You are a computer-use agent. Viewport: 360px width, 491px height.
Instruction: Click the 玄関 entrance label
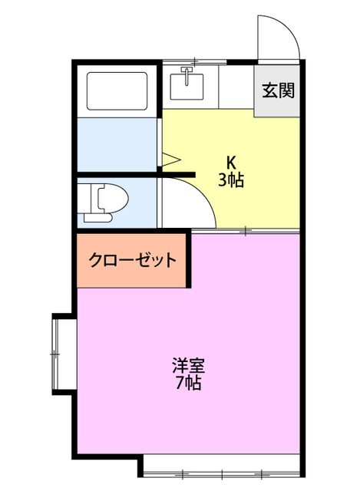(277, 91)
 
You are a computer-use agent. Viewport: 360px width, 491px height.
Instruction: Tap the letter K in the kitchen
(230, 163)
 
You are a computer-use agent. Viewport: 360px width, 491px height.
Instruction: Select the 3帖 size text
(230, 181)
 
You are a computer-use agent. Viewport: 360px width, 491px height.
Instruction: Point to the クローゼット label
(133, 261)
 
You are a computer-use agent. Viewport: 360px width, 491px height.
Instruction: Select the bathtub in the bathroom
(117, 91)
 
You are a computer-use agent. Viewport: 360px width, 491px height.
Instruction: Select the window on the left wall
(57, 354)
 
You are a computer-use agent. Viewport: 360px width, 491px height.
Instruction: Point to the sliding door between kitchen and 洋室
(245, 230)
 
